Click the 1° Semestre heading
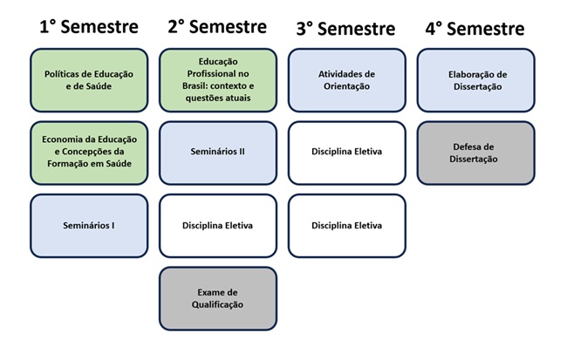pos(89,27)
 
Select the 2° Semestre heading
pos(217,27)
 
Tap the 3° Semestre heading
pos(346,29)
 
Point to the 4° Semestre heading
pos(475,29)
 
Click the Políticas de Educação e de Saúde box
pos(89,80)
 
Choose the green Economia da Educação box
pos(89,153)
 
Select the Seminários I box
pos(89,226)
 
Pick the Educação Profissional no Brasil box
pos(218,80)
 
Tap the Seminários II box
pos(218,153)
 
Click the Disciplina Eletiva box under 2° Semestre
pos(218,226)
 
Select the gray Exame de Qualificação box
pos(218,299)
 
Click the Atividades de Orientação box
pos(347,80)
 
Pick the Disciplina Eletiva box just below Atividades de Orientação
pos(347,153)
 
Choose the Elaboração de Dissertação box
pos(476,80)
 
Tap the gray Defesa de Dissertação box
pos(476,153)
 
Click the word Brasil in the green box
pos(195,86)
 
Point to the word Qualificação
pos(217,305)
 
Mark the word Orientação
pos(346,87)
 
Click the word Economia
pos(59,139)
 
